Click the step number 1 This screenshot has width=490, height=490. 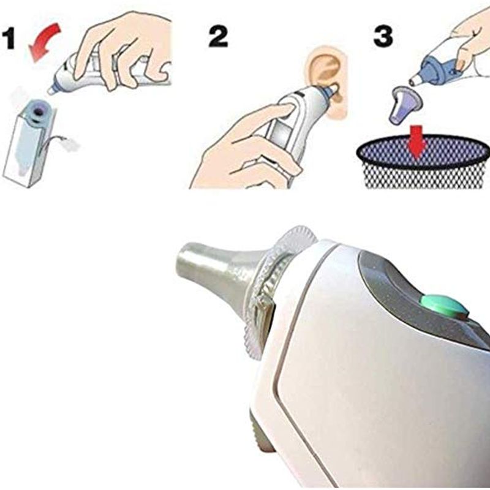pos(9,38)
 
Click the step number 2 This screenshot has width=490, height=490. pos(218,37)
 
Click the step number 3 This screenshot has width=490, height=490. pos(383,36)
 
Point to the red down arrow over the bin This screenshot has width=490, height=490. pos(418,141)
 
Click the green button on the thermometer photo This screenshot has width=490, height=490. pos(444,305)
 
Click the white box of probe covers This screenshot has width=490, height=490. pos(29,146)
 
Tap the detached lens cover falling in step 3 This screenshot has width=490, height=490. pos(405,105)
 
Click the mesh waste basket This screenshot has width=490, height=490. pos(423,162)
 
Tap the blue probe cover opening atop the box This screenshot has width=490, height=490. pos(39,111)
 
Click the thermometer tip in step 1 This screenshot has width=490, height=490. pos(51,91)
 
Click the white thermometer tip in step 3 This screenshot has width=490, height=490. pos(415,80)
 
